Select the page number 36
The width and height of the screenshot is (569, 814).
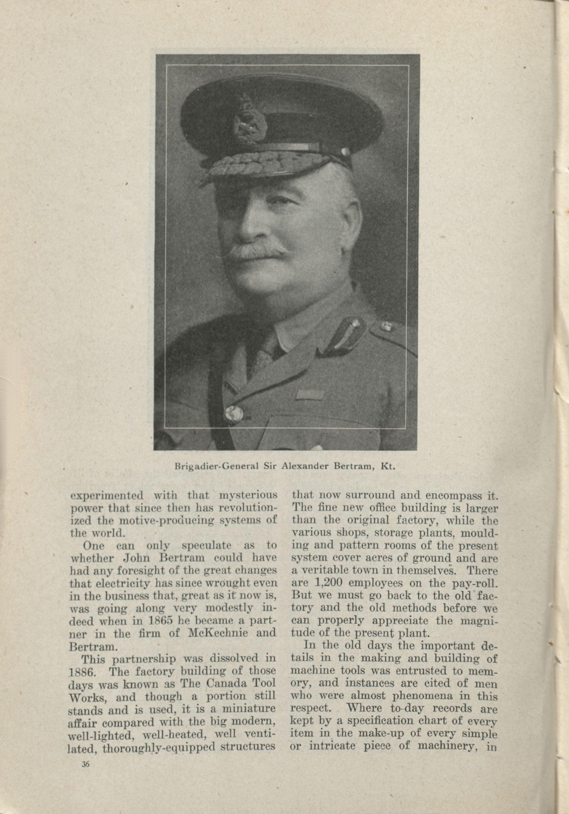[x=85, y=761]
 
